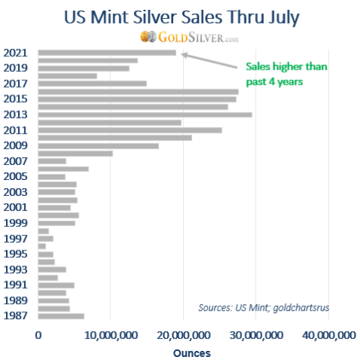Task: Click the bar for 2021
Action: click(x=107, y=52)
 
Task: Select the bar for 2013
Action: click(x=144, y=114)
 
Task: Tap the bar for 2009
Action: click(x=98, y=145)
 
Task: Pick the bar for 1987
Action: click(x=61, y=316)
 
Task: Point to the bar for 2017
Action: click(x=92, y=83)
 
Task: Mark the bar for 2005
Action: click(x=51, y=176)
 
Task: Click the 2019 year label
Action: click(x=17, y=68)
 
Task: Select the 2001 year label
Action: click(x=17, y=207)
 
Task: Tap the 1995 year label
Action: click(x=17, y=254)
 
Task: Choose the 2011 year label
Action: click(x=17, y=130)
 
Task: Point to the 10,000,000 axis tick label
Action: click(x=111, y=335)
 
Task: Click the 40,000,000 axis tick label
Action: click(x=327, y=335)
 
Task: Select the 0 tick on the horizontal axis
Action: click(x=38, y=335)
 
